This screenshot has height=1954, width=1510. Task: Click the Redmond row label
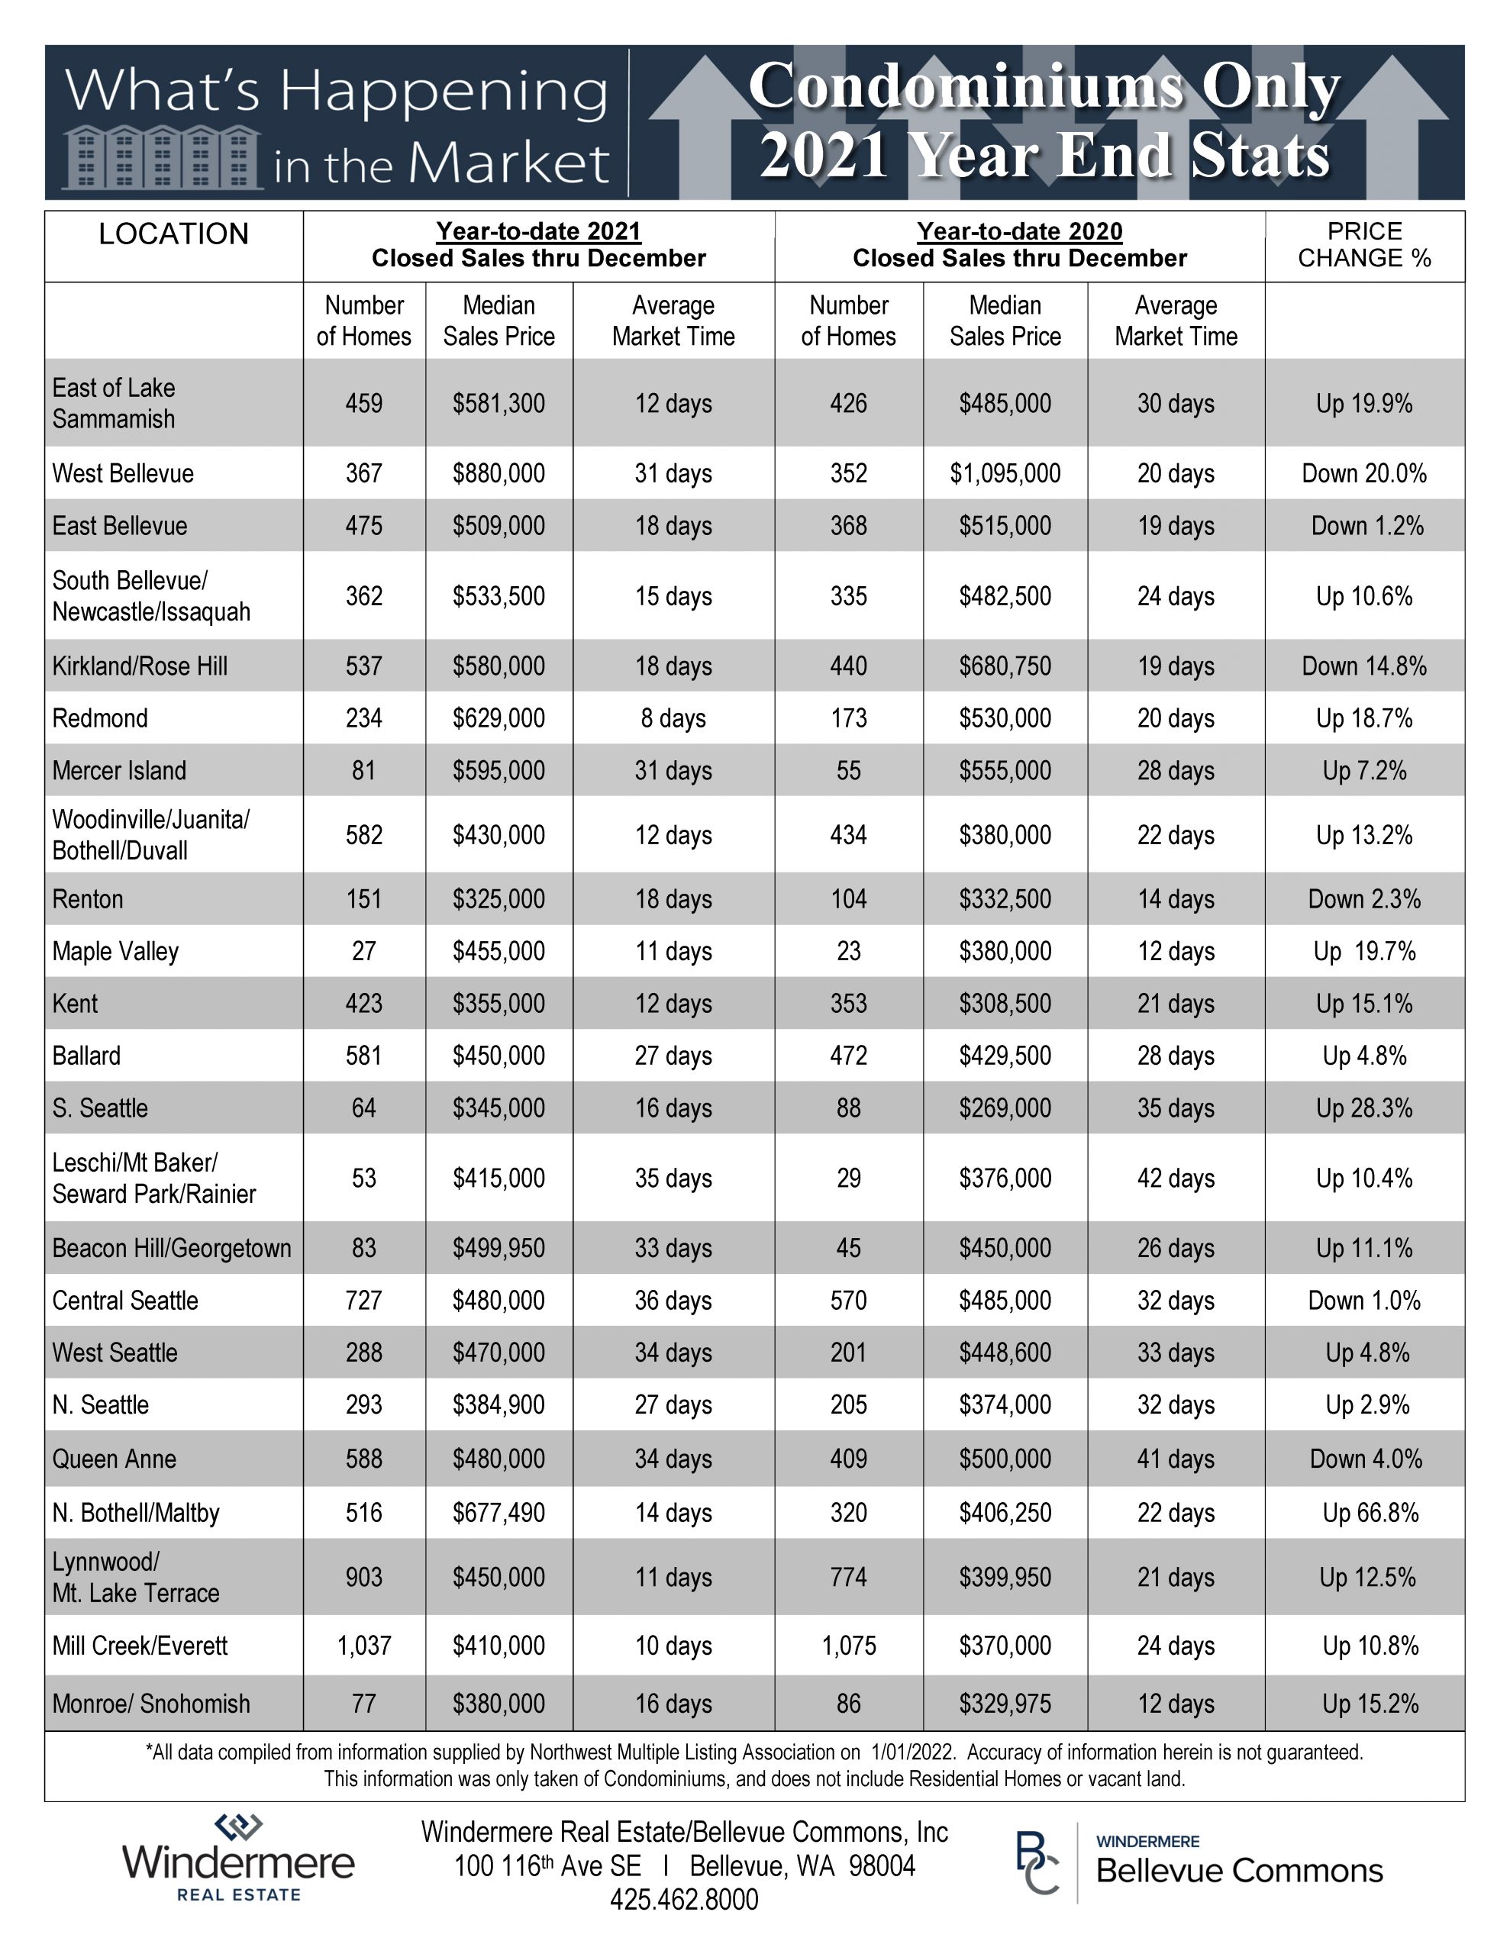(x=100, y=718)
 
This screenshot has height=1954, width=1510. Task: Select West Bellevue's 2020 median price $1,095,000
(x=1005, y=473)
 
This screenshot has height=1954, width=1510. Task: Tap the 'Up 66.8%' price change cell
(x=1370, y=1513)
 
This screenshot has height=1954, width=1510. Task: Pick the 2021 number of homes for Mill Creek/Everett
(x=364, y=1646)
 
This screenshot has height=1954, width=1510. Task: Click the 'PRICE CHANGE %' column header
(x=1364, y=245)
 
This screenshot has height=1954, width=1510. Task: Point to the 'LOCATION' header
(x=173, y=234)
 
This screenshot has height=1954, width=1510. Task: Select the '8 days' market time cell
(x=673, y=718)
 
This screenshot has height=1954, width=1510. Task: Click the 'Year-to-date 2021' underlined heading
(x=539, y=232)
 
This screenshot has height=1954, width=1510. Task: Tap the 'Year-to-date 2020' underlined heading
(x=1019, y=232)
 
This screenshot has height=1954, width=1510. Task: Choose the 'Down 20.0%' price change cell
(x=1364, y=473)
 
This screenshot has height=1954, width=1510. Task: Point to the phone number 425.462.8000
(x=684, y=1899)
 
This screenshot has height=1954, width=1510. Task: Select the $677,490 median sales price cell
(x=498, y=1513)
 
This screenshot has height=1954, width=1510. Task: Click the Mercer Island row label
(x=119, y=770)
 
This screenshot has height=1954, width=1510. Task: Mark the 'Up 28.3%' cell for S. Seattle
(x=1364, y=1108)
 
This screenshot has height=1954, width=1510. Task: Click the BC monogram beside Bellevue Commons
(x=1037, y=1862)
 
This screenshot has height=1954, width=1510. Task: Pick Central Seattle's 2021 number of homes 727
(x=364, y=1301)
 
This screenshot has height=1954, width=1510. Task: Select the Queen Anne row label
(x=115, y=1459)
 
